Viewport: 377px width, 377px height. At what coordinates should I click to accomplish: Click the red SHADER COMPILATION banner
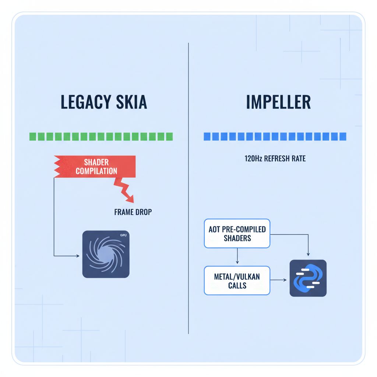[96, 166]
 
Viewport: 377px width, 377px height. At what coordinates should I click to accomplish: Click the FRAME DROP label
[133, 212]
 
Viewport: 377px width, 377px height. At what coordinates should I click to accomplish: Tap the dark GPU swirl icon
[106, 254]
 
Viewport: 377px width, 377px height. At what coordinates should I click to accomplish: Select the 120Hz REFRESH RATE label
[275, 159]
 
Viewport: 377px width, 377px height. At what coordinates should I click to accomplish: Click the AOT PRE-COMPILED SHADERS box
[237, 234]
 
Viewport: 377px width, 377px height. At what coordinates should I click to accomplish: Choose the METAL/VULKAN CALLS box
[237, 281]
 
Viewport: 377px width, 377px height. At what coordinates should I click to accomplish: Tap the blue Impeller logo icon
[308, 278]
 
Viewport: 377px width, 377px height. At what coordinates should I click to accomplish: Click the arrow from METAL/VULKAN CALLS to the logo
[279, 280]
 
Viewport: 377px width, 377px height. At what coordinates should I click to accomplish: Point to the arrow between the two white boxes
[237, 256]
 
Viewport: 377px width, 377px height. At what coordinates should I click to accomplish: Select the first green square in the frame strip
[32, 137]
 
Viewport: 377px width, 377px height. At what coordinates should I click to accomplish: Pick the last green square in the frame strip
[169, 137]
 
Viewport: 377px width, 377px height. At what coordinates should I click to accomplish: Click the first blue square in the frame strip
[207, 137]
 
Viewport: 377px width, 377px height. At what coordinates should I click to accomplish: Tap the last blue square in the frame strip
[343, 137]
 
